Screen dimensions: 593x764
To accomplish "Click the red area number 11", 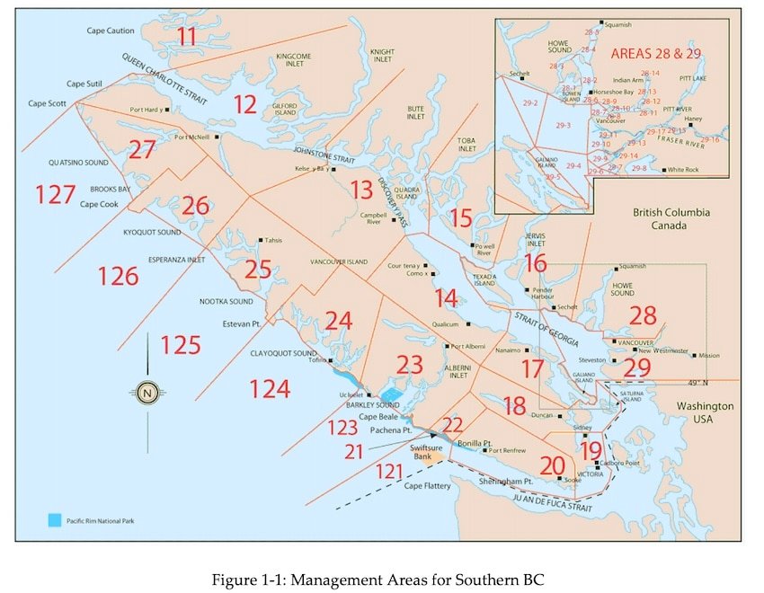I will pos(187,37).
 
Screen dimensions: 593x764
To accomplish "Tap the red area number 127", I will pos(56,193).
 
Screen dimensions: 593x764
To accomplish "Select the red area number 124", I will pos(270,388).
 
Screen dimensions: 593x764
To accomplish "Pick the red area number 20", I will pos(552,465).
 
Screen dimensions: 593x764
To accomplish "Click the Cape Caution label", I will pos(111,31).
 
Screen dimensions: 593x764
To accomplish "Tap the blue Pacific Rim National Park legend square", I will pos(56,520).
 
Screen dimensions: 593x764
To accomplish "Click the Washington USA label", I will pos(705,412).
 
